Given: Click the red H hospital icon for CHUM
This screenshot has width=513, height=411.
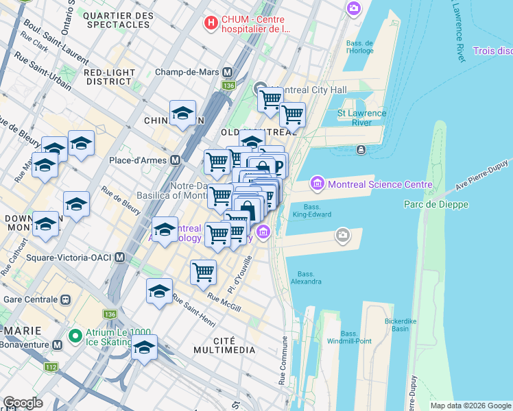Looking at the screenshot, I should pyautogui.click(x=212, y=23).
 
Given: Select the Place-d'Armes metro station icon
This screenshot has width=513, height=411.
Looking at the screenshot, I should pyautogui.click(x=175, y=160).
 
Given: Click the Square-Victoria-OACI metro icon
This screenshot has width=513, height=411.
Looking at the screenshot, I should pyautogui.click(x=120, y=258).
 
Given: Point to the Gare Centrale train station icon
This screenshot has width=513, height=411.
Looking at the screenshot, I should pyautogui.click(x=67, y=299).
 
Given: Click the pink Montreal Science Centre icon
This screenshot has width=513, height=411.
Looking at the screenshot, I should pyautogui.click(x=317, y=184).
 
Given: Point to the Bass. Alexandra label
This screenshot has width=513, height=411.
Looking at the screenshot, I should pyautogui.click(x=306, y=277).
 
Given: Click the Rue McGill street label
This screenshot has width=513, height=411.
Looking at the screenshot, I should pyautogui.click(x=224, y=302).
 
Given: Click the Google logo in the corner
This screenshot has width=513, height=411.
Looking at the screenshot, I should pyautogui.click(x=23, y=403).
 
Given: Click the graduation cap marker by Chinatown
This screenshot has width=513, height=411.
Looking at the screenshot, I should pyautogui.click(x=183, y=113).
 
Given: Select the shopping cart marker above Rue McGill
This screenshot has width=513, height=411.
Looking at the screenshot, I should pyautogui.click(x=203, y=271).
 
